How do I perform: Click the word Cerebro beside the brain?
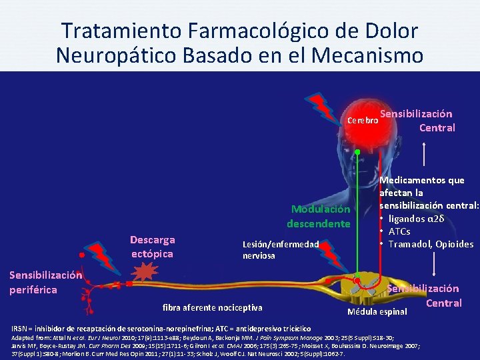tap(363, 121)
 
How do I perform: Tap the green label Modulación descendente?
tap(319, 216)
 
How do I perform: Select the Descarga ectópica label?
tap(153, 247)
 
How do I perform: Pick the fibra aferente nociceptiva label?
tap(213, 307)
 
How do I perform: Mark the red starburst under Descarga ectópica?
tap(144, 273)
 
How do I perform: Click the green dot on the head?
tap(357, 153)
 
